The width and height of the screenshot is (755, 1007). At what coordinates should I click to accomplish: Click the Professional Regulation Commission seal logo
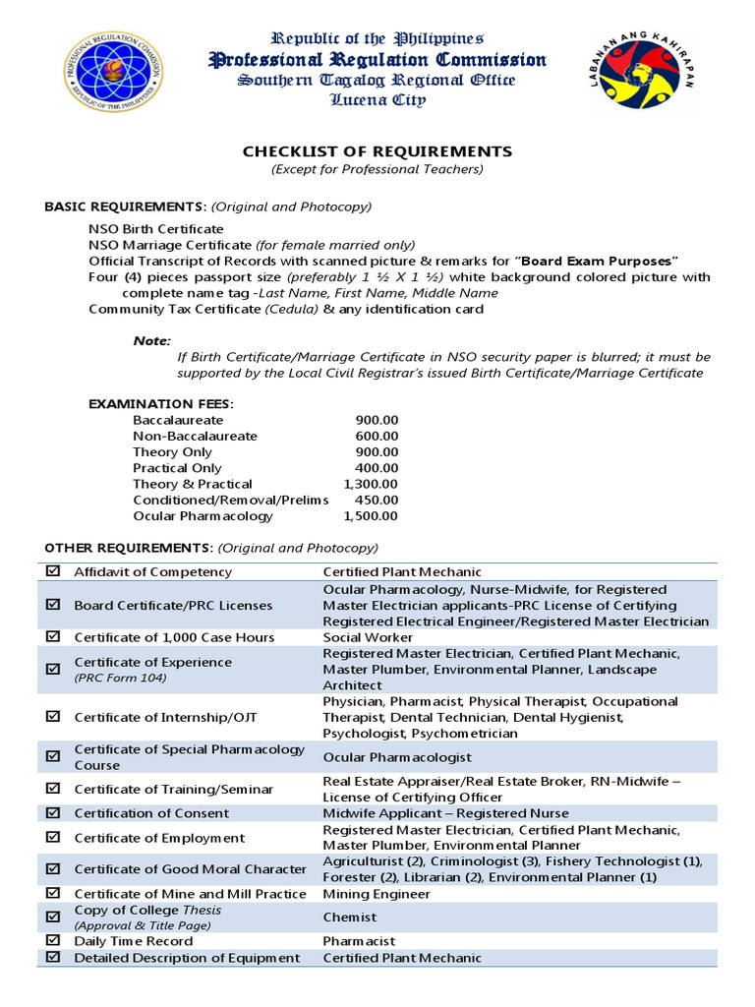(114, 72)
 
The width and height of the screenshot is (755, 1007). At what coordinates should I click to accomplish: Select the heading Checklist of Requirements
(377, 151)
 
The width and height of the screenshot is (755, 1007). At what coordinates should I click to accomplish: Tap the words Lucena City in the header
(378, 99)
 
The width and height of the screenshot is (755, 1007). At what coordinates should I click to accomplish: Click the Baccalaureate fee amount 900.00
(377, 420)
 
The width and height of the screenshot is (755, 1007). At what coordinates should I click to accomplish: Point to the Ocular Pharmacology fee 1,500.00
(371, 516)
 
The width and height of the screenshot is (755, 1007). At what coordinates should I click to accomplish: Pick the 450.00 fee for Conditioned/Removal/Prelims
(377, 500)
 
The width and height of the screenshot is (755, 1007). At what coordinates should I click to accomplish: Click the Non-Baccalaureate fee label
(195, 436)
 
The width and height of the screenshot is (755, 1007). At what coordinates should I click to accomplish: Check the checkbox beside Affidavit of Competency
(53, 571)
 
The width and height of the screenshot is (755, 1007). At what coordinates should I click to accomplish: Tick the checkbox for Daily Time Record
(53, 941)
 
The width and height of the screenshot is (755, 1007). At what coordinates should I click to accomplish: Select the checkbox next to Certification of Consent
(53, 813)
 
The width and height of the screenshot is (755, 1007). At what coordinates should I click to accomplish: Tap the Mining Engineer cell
(377, 894)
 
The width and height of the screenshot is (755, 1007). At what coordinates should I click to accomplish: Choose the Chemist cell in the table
(350, 918)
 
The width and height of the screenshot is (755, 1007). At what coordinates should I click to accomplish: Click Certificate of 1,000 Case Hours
(174, 637)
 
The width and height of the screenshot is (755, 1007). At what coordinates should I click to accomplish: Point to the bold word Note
(150, 340)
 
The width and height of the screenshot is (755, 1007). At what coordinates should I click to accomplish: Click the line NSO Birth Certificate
(155, 229)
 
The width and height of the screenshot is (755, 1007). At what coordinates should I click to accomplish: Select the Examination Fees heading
(161, 403)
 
